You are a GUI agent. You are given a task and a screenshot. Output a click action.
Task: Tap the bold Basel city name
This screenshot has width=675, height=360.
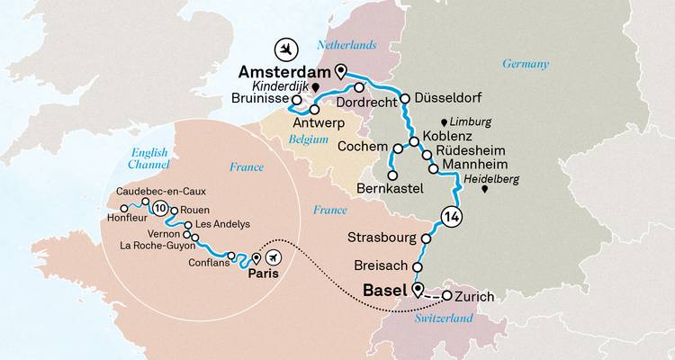click(386, 290)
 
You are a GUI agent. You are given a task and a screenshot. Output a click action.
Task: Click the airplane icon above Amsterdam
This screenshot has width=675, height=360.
click(287, 47)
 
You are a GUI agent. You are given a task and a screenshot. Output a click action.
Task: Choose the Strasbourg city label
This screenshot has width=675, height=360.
click(381, 238)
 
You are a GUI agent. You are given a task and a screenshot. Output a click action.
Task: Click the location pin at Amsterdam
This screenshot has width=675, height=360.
click(339, 70)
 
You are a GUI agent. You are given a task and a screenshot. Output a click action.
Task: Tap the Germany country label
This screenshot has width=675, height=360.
click(526, 64)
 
